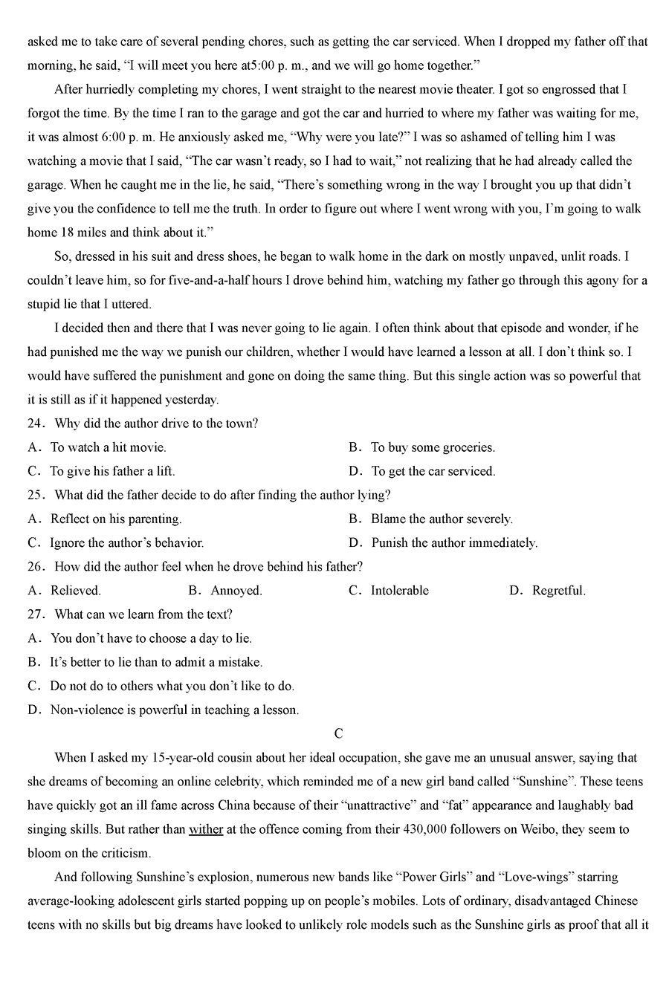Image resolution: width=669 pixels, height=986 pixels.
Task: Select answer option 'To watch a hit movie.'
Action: click(108, 447)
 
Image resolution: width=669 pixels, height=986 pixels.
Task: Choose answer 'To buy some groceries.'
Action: click(433, 447)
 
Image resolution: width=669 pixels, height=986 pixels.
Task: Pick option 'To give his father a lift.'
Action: click(112, 471)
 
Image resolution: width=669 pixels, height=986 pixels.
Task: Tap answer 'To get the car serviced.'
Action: click(433, 471)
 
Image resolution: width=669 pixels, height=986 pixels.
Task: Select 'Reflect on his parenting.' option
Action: click(116, 519)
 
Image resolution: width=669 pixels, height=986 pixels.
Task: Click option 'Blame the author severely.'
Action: click(442, 519)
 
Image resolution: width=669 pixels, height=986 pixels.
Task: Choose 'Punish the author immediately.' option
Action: click(454, 543)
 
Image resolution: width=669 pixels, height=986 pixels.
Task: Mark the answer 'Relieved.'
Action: click(75, 591)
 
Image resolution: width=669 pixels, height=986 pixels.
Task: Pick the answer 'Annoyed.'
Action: click(236, 591)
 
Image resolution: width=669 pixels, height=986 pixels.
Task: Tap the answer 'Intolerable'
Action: click(400, 591)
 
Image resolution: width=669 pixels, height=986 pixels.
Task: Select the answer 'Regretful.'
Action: click(559, 591)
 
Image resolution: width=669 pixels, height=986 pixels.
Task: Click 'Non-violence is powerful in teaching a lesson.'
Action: click(174, 710)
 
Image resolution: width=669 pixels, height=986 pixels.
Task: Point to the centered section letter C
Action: click(338, 734)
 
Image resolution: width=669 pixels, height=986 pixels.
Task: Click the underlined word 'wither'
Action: click(206, 829)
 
